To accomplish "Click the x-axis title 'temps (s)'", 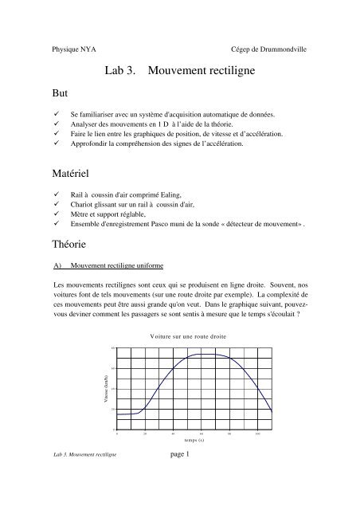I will tap(196, 439).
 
